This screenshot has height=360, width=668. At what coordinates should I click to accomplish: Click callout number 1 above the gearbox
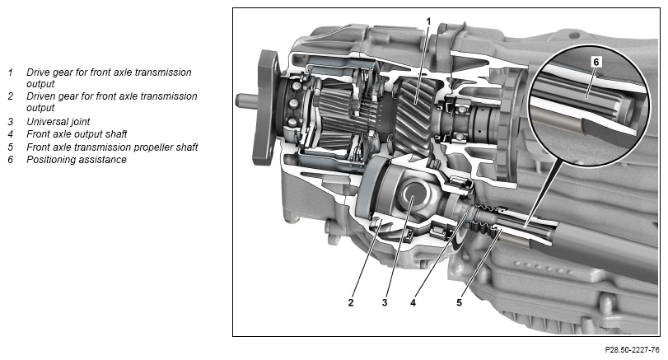pyautogui.click(x=428, y=21)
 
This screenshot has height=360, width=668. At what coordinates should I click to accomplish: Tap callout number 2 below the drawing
pyautogui.click(x=351, y=302)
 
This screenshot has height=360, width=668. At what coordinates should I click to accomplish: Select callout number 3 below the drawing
pyautogui.click(x=385, y=302)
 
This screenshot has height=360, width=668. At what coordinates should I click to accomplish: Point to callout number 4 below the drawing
pyautogui.click(x=413, y=302)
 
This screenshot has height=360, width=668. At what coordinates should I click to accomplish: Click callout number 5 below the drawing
pyautogui.click(x=459, y=302)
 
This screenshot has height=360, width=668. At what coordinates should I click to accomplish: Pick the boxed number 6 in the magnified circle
pyautogui.click(x=596, y=63)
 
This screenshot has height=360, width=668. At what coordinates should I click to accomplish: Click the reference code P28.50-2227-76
pyautogui.click(x=633, y=350)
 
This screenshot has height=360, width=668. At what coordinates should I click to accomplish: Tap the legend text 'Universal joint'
pyautogui.click(x=58, y=122)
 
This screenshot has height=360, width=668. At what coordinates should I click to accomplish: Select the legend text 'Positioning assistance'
pyautogui.click(x=77, y=159)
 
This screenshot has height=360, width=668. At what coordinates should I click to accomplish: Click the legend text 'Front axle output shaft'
pyautogui.click(x=77, y=134)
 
